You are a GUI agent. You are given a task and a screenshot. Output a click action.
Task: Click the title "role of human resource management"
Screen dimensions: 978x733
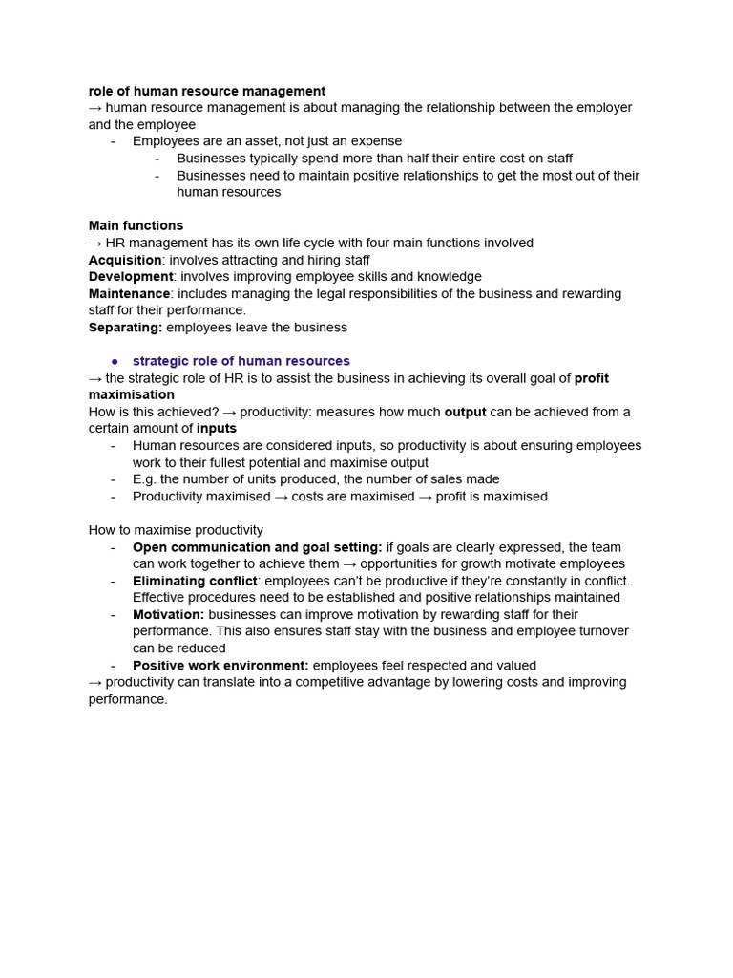coord(207,91)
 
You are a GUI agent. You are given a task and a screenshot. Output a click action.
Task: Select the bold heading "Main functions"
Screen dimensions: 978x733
coord(136,225)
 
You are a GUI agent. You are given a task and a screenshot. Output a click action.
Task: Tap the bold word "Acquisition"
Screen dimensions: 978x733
coord(125,260)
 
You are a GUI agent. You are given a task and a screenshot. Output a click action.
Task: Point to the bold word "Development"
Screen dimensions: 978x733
coord(131,276)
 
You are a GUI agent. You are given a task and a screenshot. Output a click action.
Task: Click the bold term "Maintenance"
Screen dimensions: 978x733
coord(129,293)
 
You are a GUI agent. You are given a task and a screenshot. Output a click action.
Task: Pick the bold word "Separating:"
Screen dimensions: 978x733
coord(125,328)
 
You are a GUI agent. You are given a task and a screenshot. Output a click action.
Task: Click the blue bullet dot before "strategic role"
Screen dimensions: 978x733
coord(115,362)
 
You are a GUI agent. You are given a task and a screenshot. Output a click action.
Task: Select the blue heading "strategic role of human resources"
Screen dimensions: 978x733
coord(241,361)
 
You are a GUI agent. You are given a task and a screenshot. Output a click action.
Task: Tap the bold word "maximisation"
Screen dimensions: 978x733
coord(132,394)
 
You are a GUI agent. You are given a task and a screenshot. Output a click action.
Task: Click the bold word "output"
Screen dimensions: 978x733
coord(465,412)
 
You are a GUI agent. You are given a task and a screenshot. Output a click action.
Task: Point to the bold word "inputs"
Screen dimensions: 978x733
coord(217,429)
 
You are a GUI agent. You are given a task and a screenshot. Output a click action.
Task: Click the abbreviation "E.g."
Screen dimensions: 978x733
coord(146,479)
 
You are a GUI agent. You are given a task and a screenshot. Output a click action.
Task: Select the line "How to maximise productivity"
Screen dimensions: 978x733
coord(176,530)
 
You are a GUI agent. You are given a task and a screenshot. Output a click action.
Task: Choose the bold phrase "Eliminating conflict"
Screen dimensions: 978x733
coord(195,581)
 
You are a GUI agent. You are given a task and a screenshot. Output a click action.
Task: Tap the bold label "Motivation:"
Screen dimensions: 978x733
coord(168,614)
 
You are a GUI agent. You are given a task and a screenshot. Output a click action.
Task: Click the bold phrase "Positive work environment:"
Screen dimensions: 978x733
coord(220,665)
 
